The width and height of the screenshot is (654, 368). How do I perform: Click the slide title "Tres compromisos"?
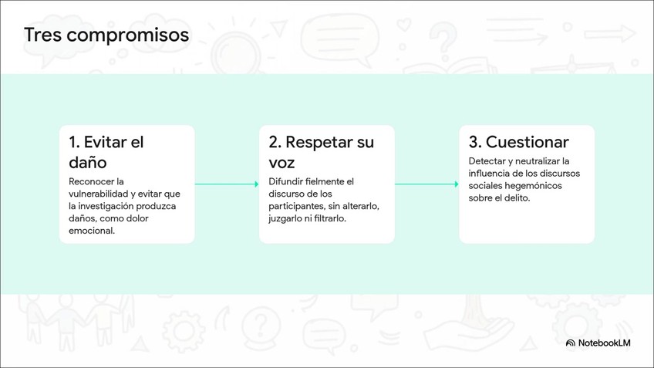pyautogui.click(x=106, y=35)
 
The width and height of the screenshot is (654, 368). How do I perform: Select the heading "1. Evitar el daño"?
pyautogui.click(x=106, y=152)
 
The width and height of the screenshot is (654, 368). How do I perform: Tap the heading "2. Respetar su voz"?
pyautogui.click(x=321, y=152)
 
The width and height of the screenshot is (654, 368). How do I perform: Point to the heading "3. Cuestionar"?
pyautogui.click(x=519, y=142)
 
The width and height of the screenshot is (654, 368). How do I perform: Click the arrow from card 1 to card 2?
pyautogui.click(x=227, y=184)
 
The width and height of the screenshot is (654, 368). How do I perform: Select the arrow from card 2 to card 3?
pyautogui.click(x=426, y=184)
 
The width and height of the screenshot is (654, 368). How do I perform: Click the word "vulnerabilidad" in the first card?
pyautogui.click(x=100, y=194)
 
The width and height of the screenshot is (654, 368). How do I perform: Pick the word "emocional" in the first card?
pyautogui.click(x=92, y=231)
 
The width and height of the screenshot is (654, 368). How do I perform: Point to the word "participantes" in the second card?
pyautogui.click(x=296, y=206)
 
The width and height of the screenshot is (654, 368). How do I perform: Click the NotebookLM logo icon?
pyautogui.click(x=570, y=343)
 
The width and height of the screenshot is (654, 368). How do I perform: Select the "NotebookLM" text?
pyautogui.click(x=605, y=343)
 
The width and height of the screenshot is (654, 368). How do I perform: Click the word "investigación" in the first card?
pyautogui.click(x=113, y=206)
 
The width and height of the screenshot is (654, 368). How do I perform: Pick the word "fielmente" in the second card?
pyautogui.click(x=325, y=181)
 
